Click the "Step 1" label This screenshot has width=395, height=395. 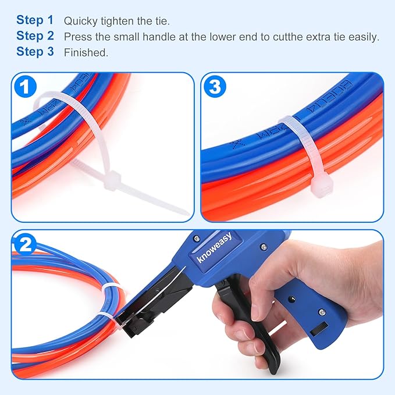pos(34,20)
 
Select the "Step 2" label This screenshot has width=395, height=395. pos(34,36)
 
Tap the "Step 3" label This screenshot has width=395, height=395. pos(34,52)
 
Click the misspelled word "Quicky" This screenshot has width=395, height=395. pos(80,22)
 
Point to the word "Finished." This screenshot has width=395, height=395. pos(86,52)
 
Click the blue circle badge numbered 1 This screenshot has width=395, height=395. pos(25,87)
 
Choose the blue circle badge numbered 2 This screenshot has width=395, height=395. pos(25,245)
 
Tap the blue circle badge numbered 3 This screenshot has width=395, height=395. pos(215,87)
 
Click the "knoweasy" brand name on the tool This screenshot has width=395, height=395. pos(214,247)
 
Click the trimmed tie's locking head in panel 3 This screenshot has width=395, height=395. pos(319,186)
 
